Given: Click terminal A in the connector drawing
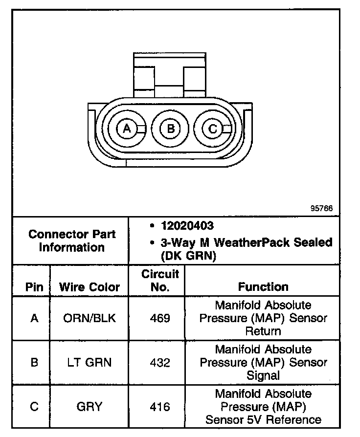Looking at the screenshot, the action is click(x=127, y=129).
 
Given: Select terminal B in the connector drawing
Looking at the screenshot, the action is click(x=170, y=129).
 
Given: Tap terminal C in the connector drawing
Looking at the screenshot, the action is click(x=212, y=129).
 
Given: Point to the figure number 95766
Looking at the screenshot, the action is click(x=321, y=208).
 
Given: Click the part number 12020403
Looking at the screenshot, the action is click(x=187, y=226).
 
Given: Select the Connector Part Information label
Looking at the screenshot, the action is click(x=71, y=240).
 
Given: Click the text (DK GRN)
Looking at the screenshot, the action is click(x=188, y=256).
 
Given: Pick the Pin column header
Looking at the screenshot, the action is click(x=34, y=287).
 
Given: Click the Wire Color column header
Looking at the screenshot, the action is click(x=90, y=287).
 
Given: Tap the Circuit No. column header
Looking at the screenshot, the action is click(x=160, y=281).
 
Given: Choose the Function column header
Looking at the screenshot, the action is click(x=263, y=287).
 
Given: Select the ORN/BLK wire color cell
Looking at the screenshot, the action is click(x=90, y=318).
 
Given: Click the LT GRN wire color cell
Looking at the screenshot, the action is click(x=90, y=363).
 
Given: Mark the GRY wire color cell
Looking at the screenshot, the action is click(x=90, y=407).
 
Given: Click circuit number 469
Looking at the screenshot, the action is click(x=160, y=318).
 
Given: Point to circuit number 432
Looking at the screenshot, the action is click(x=160, y=363).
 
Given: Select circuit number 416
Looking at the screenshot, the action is click(x=160, y=407).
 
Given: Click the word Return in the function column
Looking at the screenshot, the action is click(x=263, y=331).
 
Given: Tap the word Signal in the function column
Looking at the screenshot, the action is click(x=263, y=375).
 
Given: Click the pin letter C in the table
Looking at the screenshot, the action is click(x=34, y=407).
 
